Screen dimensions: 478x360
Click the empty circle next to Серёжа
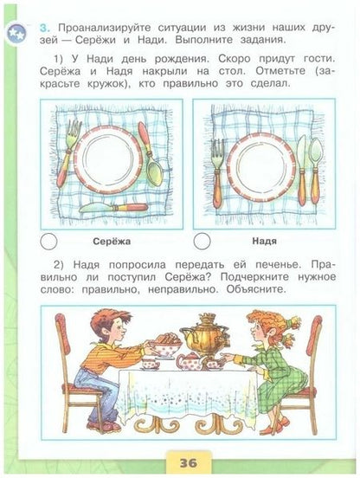tap(50, 242)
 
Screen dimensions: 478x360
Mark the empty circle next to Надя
tap(202, 242)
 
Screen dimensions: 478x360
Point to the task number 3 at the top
tap(42, 29)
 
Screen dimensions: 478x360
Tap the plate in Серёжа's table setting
tap(106, 159)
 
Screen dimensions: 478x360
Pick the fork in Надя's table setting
tap(217, 169)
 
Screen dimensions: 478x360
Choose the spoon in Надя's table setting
tap(316, 165)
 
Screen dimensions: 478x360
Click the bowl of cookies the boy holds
tap(164, 346)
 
